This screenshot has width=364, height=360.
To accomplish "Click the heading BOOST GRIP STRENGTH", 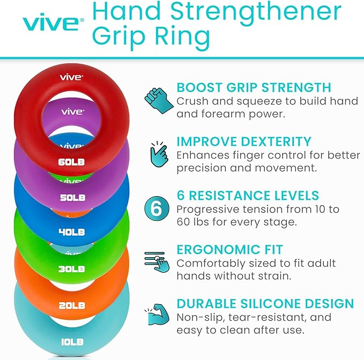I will point(254,87).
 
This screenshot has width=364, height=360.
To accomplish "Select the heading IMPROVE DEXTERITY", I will point(244,141).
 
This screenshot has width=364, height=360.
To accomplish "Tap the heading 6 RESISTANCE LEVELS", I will point(248,196).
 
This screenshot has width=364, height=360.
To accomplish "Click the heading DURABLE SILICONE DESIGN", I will point(265,304).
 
